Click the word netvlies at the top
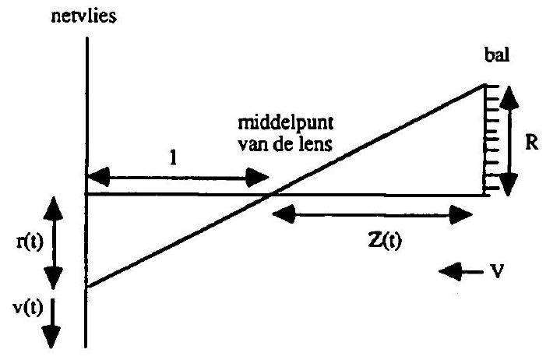[83, 16]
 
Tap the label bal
[497, 55]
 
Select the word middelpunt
[286, 123]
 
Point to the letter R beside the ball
[532, 143]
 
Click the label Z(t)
[385, 240]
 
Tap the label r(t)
[30, 242]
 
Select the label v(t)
[28, 309]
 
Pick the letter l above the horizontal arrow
[173, 158]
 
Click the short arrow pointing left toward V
[461, 272]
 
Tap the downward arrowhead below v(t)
[51, 337]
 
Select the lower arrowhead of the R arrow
[509, 185]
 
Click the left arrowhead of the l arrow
[99, 177]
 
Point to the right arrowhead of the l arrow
[257, 178]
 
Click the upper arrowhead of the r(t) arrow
[53, 209]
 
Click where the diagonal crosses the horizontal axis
[271, 195]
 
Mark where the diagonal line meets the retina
[87, 287]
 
